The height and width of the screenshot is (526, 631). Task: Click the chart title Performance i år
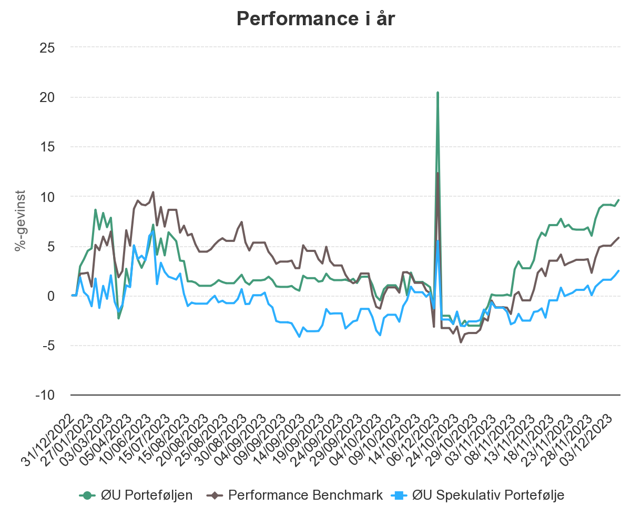(315, 19)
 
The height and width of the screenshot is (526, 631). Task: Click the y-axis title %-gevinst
(20, 221)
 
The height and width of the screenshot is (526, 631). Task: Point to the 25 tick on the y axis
(48, 47)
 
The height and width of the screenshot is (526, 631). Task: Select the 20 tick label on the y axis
(48, 97)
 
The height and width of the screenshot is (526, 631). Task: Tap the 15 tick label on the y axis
(48, 147)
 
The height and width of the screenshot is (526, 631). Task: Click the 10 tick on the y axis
(48, 197)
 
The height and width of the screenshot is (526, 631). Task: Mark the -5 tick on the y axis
(49, 346)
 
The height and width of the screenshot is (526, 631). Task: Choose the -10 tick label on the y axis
(46, 395)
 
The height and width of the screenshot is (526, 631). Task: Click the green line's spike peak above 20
(437, 93)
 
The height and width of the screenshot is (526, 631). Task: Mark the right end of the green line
(619, 200)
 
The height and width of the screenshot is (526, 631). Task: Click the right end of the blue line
(619, 270)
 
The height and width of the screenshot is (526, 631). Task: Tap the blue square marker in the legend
(400, 495)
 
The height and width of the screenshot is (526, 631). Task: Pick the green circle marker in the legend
(88, 495)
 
